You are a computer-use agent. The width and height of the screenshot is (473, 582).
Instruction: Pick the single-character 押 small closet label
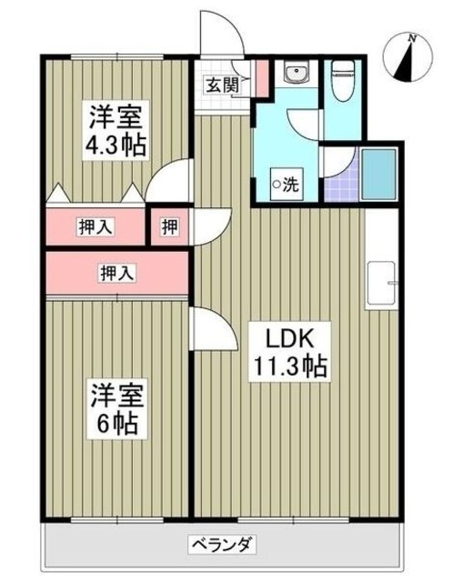click(169, 227)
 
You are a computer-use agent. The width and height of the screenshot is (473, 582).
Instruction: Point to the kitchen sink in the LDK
click(379, 285)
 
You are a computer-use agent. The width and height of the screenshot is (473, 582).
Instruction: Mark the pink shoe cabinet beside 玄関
click(261, 78)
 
